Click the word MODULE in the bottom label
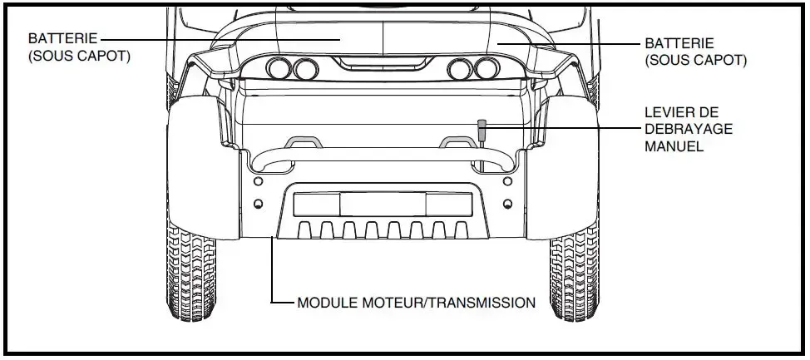pyautogui.click(x=324, y=303)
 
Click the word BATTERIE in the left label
pyautogui.click(x=63, y=39)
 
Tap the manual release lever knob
pyautogui.click(x=481, y=126)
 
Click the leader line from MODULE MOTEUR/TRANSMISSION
pyautogui.click(x=274, y=274)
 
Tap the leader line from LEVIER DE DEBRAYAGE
pyautogui.click(x=566, y=129)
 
